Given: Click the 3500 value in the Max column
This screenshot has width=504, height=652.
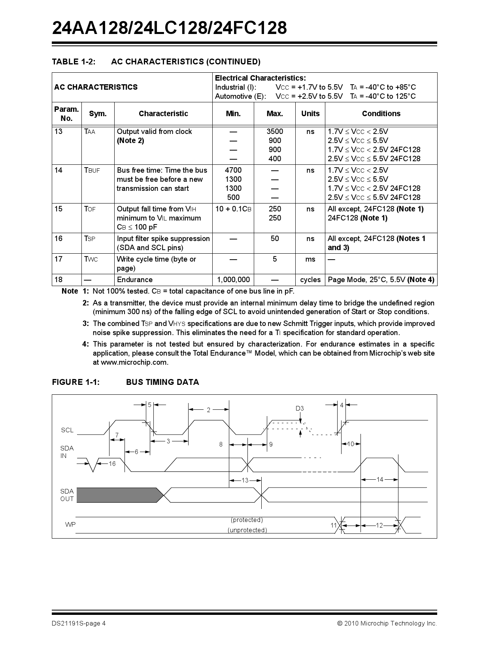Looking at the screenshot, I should click(x=274, y=132).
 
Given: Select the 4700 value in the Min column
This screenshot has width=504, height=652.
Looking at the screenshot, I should click(x=233, y=170).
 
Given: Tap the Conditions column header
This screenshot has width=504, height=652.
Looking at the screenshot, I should click(x=381, y=114).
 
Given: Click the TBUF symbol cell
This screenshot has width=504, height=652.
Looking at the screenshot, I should click(x=92, y=170).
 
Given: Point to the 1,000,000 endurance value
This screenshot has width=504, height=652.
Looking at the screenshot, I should click(x=233, y=280).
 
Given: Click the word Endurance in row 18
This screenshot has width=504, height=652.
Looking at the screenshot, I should click(x=135, y=280).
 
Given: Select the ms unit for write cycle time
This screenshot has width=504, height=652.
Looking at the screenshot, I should click(x=310, y=259).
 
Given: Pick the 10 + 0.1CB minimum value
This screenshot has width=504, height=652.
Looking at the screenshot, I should click(x=233, y=209).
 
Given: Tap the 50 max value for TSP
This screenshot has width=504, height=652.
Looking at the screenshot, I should click(x=274, y=239).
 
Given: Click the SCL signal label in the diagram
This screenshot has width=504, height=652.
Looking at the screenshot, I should click(x=67, y=430).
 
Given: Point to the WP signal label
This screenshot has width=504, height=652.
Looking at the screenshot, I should click(x=70, y=525).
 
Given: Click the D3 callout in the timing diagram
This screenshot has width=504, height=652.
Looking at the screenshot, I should click(x=300, y=409).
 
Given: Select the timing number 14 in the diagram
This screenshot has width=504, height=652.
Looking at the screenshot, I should click(x=379, y=479).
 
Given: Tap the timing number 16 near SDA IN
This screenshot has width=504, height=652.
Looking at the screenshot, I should click(x=112, y=464).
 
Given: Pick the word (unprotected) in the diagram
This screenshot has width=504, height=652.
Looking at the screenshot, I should click(x=247, y=530).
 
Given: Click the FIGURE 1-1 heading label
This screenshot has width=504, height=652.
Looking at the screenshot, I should click(x=76, y=382).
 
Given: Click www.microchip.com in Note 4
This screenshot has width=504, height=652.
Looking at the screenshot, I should click(x=134, y=362).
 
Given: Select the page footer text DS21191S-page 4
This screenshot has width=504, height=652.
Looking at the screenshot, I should click(x=79, y=624).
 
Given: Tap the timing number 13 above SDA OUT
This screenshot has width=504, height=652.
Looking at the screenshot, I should click(x=245, y=480).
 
